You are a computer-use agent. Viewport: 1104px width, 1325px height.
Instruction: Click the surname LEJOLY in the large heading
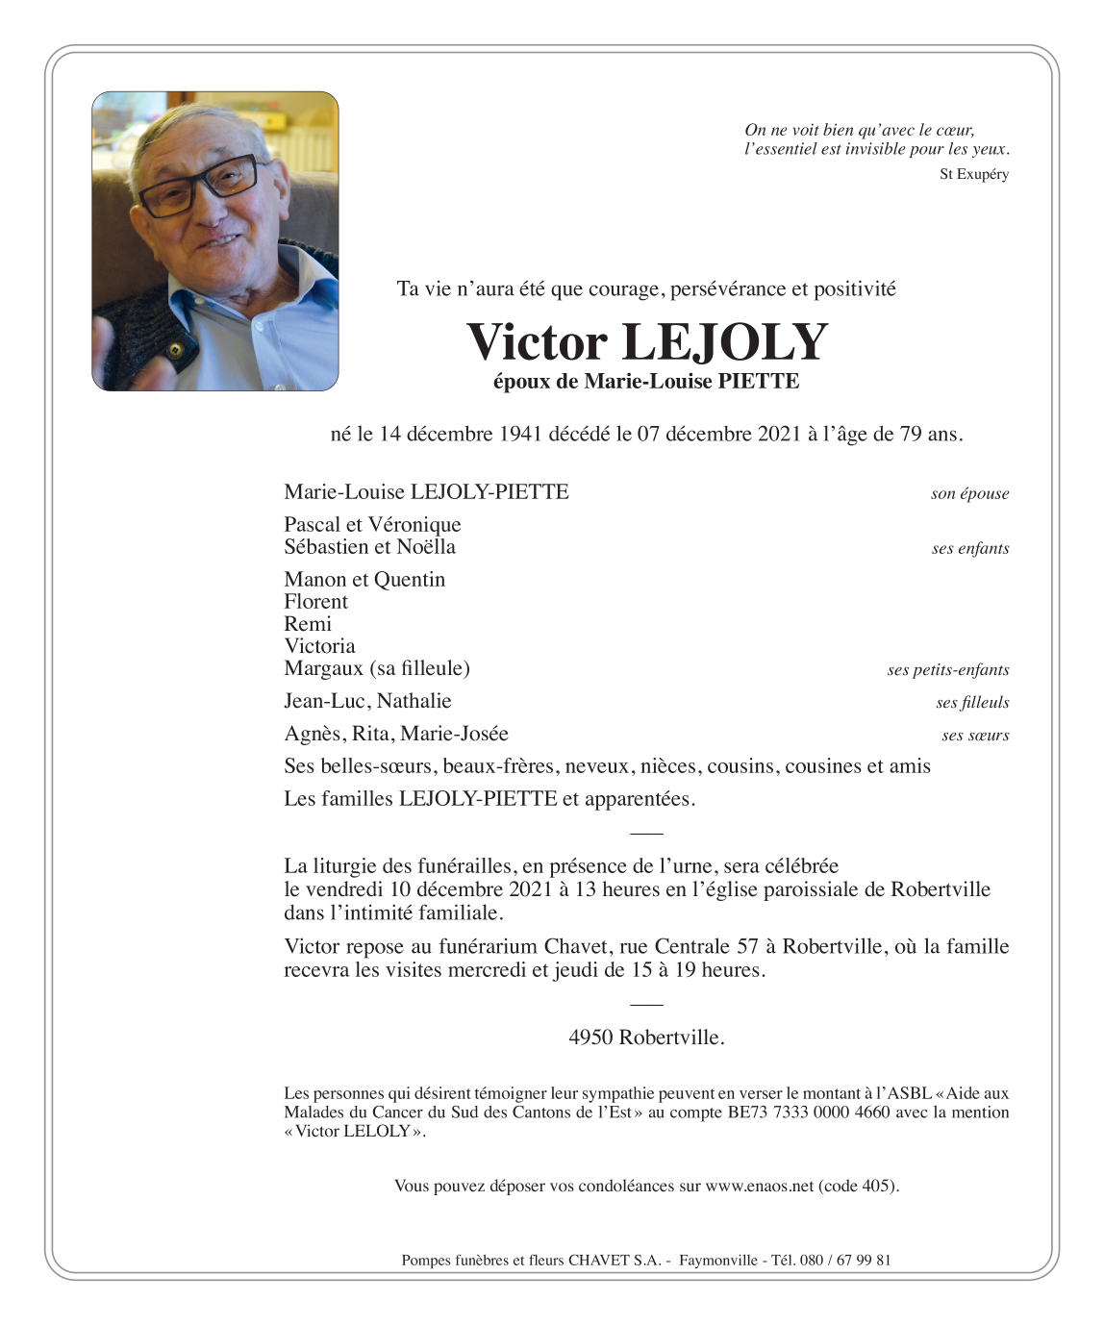pyautogui.click(x=725, y=343)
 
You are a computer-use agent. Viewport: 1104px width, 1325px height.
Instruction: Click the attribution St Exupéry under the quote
pyautogui.click(x=973, y=174)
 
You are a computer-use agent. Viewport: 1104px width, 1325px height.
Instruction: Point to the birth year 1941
pyautogui.click(x=520, y=435)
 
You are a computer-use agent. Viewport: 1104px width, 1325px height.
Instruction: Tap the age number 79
pyautogui.click(x=910, y=435)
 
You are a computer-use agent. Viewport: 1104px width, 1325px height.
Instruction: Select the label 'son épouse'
pyautogui.click(x=969, y=494)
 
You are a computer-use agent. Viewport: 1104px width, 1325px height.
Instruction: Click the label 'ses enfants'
pyautogui.click(x=969, y=549)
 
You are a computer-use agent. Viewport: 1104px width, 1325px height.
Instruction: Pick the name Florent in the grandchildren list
pyautogui.click(x=315, y=602)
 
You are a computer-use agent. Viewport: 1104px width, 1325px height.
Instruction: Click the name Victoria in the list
pyautogui.click(x=319, y=646)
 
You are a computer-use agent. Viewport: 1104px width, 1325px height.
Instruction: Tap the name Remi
pyautogui.click(x=308, y=624)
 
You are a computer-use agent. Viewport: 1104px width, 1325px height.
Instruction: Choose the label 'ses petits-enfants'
pyautogui.click(x=947, y=670)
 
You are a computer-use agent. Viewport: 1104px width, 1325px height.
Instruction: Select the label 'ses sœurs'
pyautogui.click(x=975, y=736)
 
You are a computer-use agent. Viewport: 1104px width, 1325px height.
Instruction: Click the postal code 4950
pyautogui.click(x=590, y=1037)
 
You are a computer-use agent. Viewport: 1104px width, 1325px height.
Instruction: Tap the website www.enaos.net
pyautogui.click(x=759, y=1187)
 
